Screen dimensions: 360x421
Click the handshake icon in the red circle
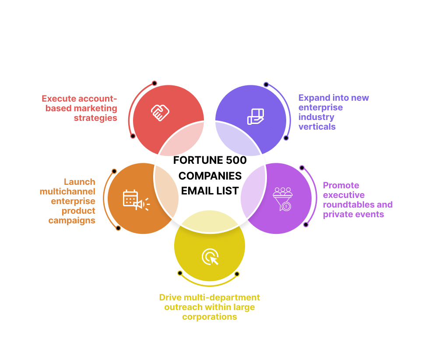point(160,113)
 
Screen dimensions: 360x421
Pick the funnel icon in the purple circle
point(283,199)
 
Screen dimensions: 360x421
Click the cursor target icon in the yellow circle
point(210,257)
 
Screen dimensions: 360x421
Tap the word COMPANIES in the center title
point(210,176)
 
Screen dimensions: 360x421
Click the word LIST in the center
point(229,191)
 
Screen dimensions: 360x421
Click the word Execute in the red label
point(59,99)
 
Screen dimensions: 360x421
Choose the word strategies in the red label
point(95,118)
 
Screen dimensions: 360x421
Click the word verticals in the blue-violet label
point(317,127)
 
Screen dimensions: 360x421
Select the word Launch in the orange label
point(79,182)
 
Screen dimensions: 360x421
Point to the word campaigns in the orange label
point(72,220)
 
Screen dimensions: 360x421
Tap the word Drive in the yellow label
point(168,297)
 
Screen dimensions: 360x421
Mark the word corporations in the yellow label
point(210,317)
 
